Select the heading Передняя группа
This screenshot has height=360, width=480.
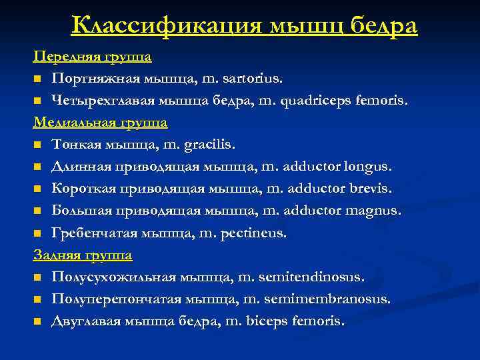(93, 57)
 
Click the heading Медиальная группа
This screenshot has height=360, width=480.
(101, 123)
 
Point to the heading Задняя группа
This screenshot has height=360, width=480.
(83, 255)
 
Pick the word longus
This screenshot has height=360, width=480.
(366, 167)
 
